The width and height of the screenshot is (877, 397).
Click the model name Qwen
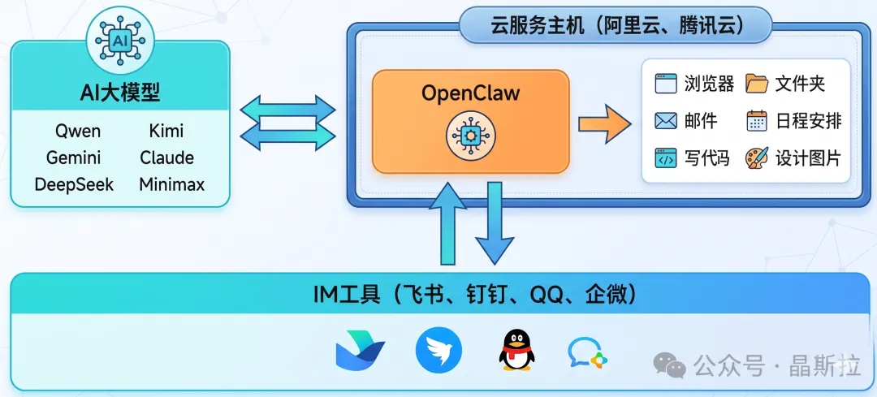[78, 131]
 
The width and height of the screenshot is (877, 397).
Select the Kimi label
[166, 131]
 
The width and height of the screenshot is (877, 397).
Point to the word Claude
[166, 158]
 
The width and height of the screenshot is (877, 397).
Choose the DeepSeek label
[74, 184]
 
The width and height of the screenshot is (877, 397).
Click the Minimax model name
[171, 184]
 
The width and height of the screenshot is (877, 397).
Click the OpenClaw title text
[470, 93]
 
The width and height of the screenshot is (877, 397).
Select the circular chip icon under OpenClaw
[470, 136]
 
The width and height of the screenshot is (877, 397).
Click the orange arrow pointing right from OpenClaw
[604, 123]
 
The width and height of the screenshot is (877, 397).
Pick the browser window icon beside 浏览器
[666, 84]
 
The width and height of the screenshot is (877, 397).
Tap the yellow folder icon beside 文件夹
[757, 84]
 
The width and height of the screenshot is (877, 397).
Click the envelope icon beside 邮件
[666, 122]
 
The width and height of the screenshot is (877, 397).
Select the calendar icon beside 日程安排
[757, 122]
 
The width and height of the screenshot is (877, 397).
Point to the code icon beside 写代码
[666, 158]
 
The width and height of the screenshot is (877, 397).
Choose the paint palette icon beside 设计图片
[757, 158]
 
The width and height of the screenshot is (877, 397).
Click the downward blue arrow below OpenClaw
[495, 222]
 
